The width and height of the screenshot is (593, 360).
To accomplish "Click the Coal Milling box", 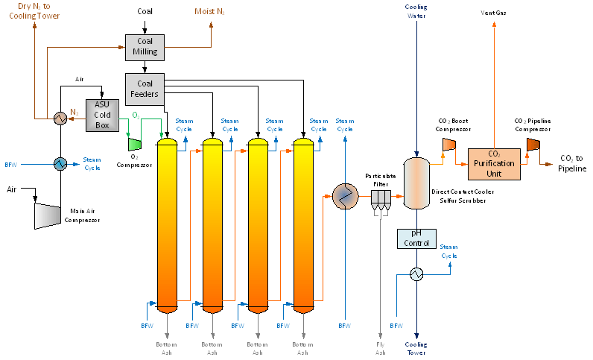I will coord(145,47).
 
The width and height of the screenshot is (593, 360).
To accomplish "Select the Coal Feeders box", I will coord(145,88).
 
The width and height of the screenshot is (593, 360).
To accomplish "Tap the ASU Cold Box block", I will coord(102,115).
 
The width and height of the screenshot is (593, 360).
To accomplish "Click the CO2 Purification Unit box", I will coord(494,163).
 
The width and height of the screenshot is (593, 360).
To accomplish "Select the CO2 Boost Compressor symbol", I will coord(449,143).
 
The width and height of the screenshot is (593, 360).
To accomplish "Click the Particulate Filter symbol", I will coord(380,197).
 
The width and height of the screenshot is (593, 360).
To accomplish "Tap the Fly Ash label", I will coord(380,348).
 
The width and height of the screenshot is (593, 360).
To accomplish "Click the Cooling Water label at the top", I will coord(416,10).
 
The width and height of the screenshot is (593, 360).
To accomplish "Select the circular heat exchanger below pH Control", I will coord(416,274).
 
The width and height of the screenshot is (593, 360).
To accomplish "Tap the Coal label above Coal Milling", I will coord(146,11).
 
